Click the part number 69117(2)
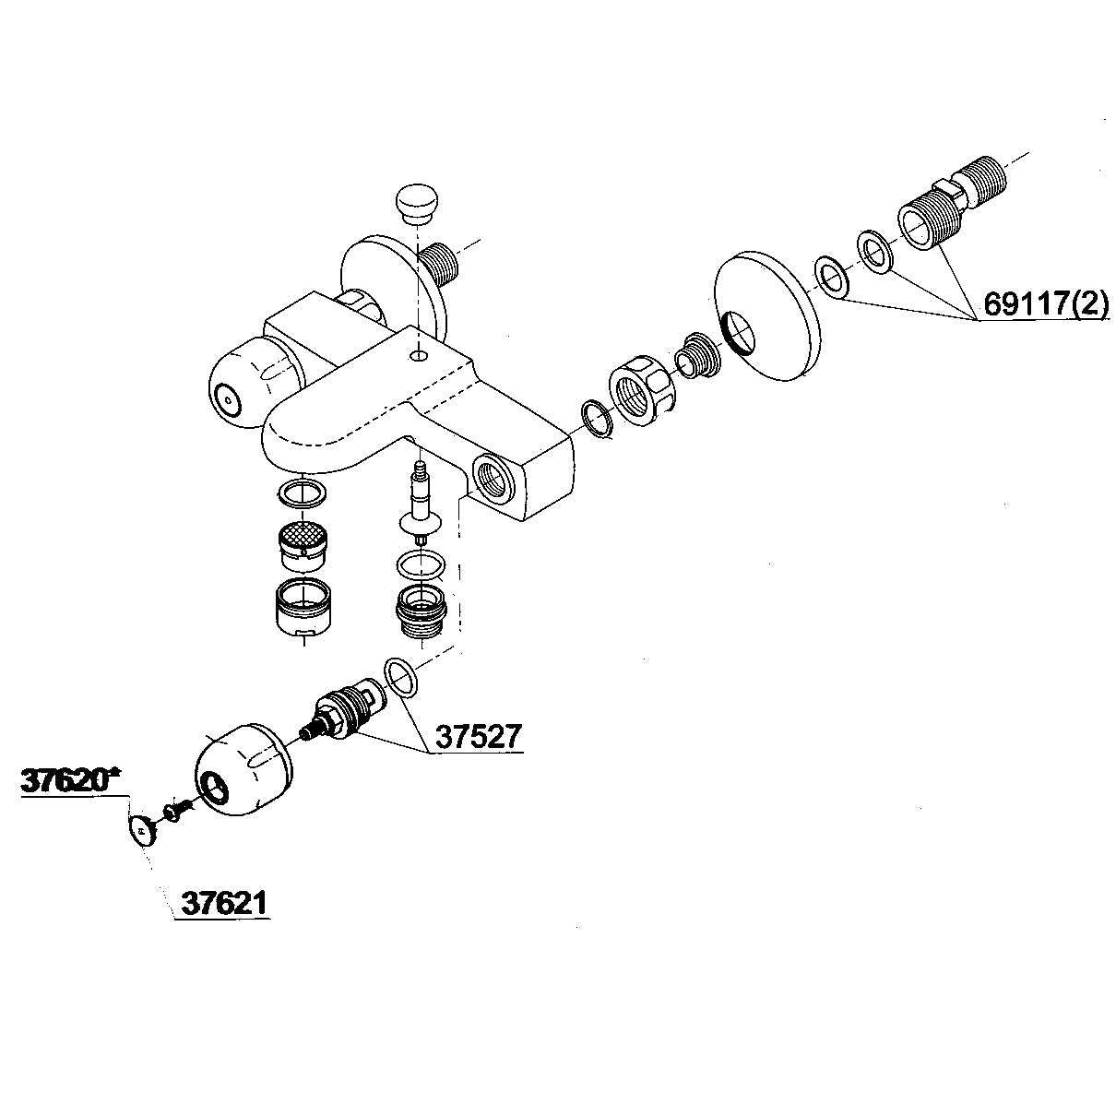pyautogui.click(x=1045, y=303)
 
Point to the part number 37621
pyautogui.click(x=224, y=902)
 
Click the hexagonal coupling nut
pyautogui.click(x=643, y=394)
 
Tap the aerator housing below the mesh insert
pyautogui.click(x=303, y=607)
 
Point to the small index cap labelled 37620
pyautogui.click(x=140, y=830)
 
